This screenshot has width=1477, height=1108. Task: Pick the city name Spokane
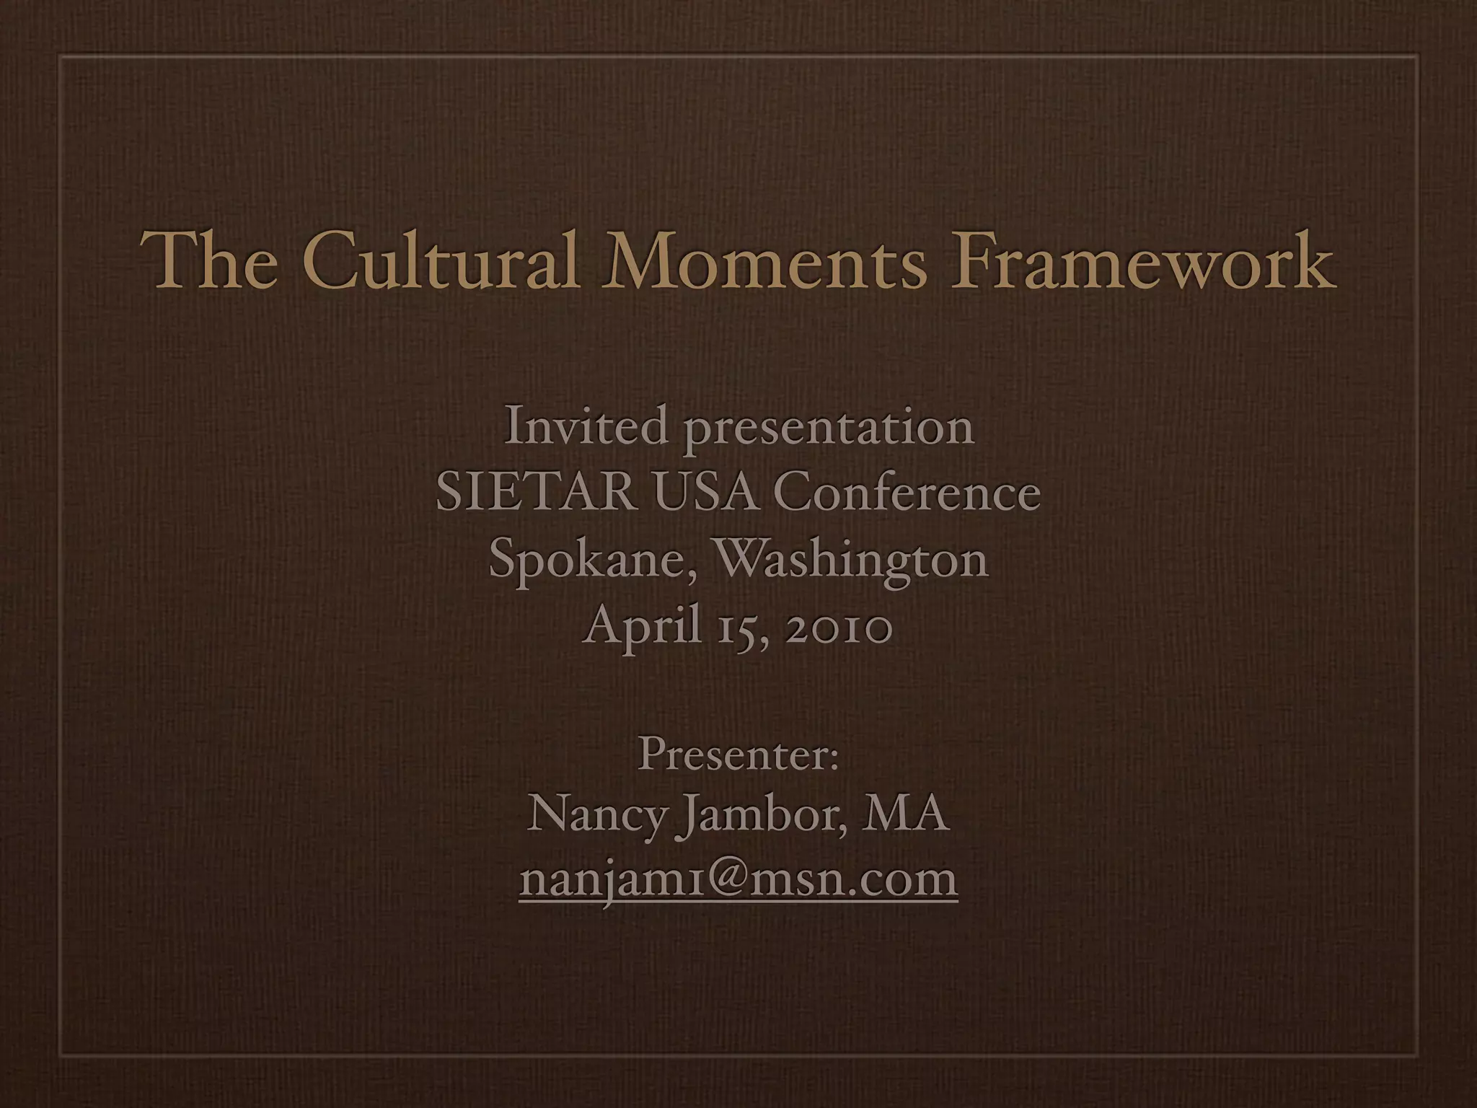pos(583,560)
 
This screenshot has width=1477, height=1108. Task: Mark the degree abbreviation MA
pos(907,815)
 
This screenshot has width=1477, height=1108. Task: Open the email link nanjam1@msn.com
pos(738,879)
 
